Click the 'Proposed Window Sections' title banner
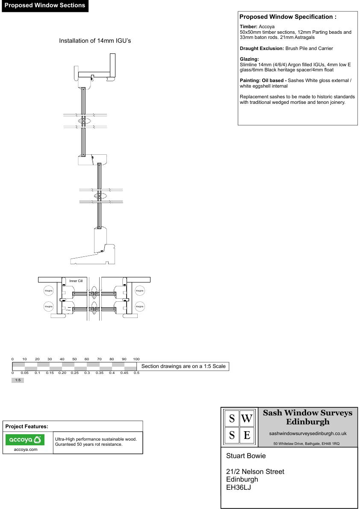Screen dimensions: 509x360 pyautogui.click(x=45, y=6)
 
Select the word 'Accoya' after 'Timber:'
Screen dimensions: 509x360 pyautogui.click(x=267, y=26)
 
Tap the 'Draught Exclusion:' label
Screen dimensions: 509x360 pyautogui.click(x=262, y=48)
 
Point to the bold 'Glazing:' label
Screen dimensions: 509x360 pyautogui.click(x=249, y=59)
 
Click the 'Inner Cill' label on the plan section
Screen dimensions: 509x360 pyautogui.click(x=76, y=281)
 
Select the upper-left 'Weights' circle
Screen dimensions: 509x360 pyautogui.click(x=49, y=291)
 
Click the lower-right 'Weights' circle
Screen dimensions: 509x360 pyautogui.click(x=140, y=306)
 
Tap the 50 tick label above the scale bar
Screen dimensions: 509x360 pyautogui.click(x=74, y=359)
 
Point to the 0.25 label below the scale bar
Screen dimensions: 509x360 pyautogui.click(x=74, y=373)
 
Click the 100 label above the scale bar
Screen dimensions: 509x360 pyautogui.click(x=136, y=359)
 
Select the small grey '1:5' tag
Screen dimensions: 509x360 pyautogui.click(x=18, y=380)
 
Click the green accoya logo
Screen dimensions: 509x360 pyautogui.click(x=25, y=439)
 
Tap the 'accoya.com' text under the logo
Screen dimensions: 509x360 pyautogui.click(x=26, y=449)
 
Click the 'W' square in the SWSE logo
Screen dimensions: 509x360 pyautogui.click(x=247, y=419)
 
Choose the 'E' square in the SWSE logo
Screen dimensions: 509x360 pyautogui.click(x=247, y=436)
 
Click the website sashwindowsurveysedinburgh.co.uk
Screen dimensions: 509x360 pyautogui.click(x=308, y=433)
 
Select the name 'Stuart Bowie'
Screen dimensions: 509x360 pyautogui.click(x=246, y=456)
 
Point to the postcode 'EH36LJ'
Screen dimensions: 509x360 pyautogui.click(x=239, y=487)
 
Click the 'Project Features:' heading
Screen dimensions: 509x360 pyautogui.click(x=27, y=427)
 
